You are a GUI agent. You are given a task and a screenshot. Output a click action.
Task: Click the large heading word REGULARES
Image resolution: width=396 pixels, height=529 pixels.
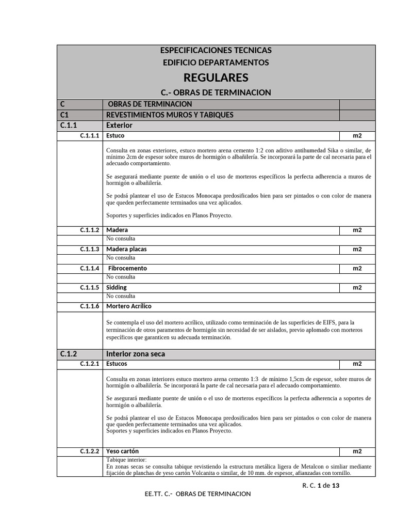pos(216,77)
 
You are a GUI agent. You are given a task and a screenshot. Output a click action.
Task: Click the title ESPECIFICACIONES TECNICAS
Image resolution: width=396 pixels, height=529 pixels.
pos(216,50)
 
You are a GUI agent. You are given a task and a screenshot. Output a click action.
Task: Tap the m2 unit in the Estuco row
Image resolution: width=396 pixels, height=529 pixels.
pos(357,136)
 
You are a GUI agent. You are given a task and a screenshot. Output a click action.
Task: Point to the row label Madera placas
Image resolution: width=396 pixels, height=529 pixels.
pos(126,249)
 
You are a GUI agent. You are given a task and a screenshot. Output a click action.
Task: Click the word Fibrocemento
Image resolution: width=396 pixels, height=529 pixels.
pos(127,269)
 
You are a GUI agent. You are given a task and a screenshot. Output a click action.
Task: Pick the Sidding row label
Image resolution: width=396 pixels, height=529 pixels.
pos(117,287)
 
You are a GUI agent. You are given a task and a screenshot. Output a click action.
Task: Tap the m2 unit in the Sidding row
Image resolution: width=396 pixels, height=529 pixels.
pos(357,287)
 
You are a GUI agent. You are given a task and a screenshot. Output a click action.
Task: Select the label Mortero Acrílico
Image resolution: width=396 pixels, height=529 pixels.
pos(129,306)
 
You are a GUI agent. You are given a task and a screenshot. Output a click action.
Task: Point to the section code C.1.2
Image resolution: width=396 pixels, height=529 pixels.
pos(69,354)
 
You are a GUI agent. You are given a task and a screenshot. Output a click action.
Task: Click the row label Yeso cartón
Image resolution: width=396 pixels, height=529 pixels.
pos(122,451)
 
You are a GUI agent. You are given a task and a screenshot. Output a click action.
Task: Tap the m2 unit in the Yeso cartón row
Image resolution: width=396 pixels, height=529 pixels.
pos(357,451)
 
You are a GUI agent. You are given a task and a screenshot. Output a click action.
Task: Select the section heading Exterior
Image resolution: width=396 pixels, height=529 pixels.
pos(119,125)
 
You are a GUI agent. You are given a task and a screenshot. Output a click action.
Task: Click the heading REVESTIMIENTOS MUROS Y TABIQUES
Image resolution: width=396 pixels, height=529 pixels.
pos(169,114)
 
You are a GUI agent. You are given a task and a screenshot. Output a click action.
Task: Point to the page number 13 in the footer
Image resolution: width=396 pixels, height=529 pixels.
pos(335,485)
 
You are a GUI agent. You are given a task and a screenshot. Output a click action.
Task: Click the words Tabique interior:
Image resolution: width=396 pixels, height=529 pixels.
pos(126,460)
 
